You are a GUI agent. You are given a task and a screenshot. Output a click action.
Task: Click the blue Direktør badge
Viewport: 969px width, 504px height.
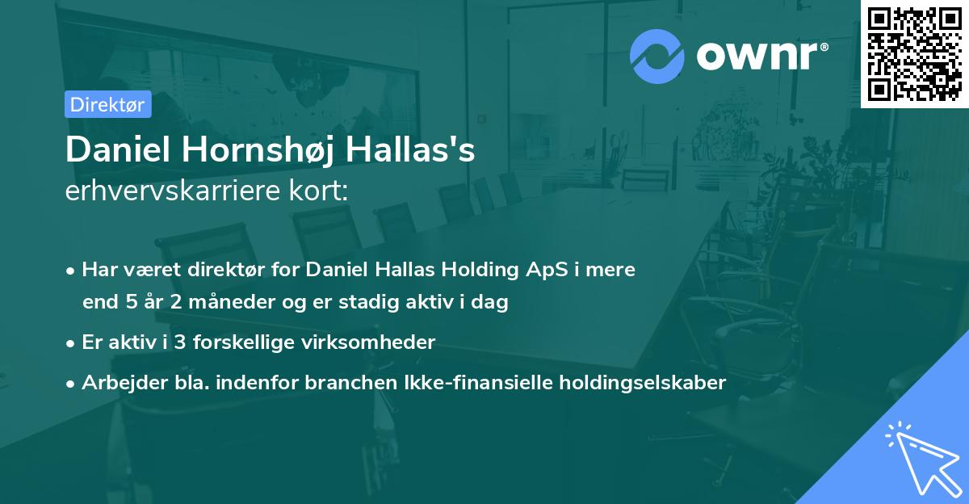click(107, 104)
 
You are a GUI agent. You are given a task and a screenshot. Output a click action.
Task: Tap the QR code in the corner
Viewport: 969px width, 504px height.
click(915, 53)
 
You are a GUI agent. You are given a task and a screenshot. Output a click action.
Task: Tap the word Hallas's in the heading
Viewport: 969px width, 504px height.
click(427, 150)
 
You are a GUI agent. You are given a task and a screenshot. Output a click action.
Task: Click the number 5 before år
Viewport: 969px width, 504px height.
click(130, 303)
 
